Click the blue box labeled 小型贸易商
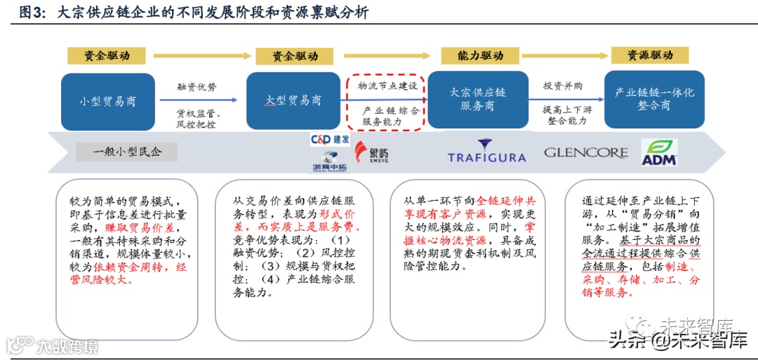tap(108, 101)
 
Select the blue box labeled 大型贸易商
tap(293, 100)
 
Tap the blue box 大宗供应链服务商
tap(477, 99)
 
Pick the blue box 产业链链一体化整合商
tap(654, 99)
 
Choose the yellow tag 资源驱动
tap(649, 55)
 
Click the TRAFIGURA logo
tap(486, 152)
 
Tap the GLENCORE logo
tap(586, 152)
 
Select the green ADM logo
tap(659, 152)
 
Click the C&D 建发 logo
tap(330, 140)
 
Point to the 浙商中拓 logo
tap(329, 161)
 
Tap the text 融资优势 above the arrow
tap(197, 88)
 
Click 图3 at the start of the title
tap(32, 13)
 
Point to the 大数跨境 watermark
tap(53, 345)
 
